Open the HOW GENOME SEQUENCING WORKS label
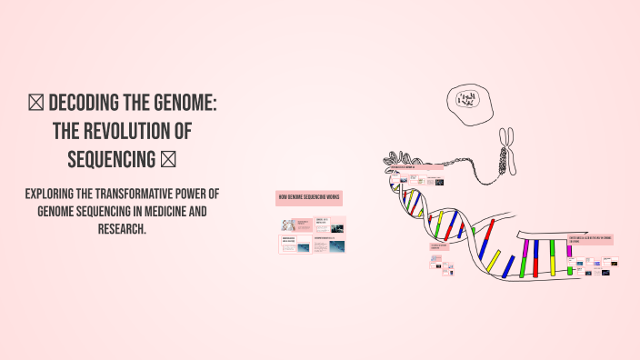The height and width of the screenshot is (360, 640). (309, 197)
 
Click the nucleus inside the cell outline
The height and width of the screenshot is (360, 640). (467, 99)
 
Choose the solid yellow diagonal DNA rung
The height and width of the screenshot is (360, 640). (494, 261)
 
